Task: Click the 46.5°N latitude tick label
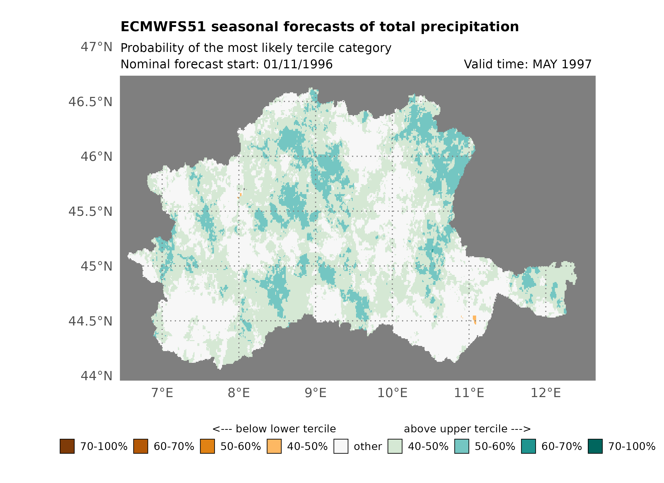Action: click(x=90, y=102)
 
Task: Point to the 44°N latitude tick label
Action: click(x=96, y=376)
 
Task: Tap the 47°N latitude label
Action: click(x=96, y=47)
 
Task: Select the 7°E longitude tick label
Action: click(x=162, y=393)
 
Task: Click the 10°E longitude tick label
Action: click(x=392, y=393)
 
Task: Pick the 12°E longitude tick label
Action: click(x=545, y=393)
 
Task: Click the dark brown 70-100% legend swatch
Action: click(x=67, y=446)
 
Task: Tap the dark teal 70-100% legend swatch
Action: click(x=595, y=446)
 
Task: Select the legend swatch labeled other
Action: click(x=341, y=446)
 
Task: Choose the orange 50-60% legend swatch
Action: click(x=207, y=446)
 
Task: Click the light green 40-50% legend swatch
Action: click(x=395, y=446)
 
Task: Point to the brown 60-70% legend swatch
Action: click(x=141, y=446)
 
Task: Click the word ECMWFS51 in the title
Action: click(x=163, y=27)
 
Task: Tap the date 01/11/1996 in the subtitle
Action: click(x=298, y=64)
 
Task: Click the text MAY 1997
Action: click(x=562, y=64)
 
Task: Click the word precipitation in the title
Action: click(x=470, y=27)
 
